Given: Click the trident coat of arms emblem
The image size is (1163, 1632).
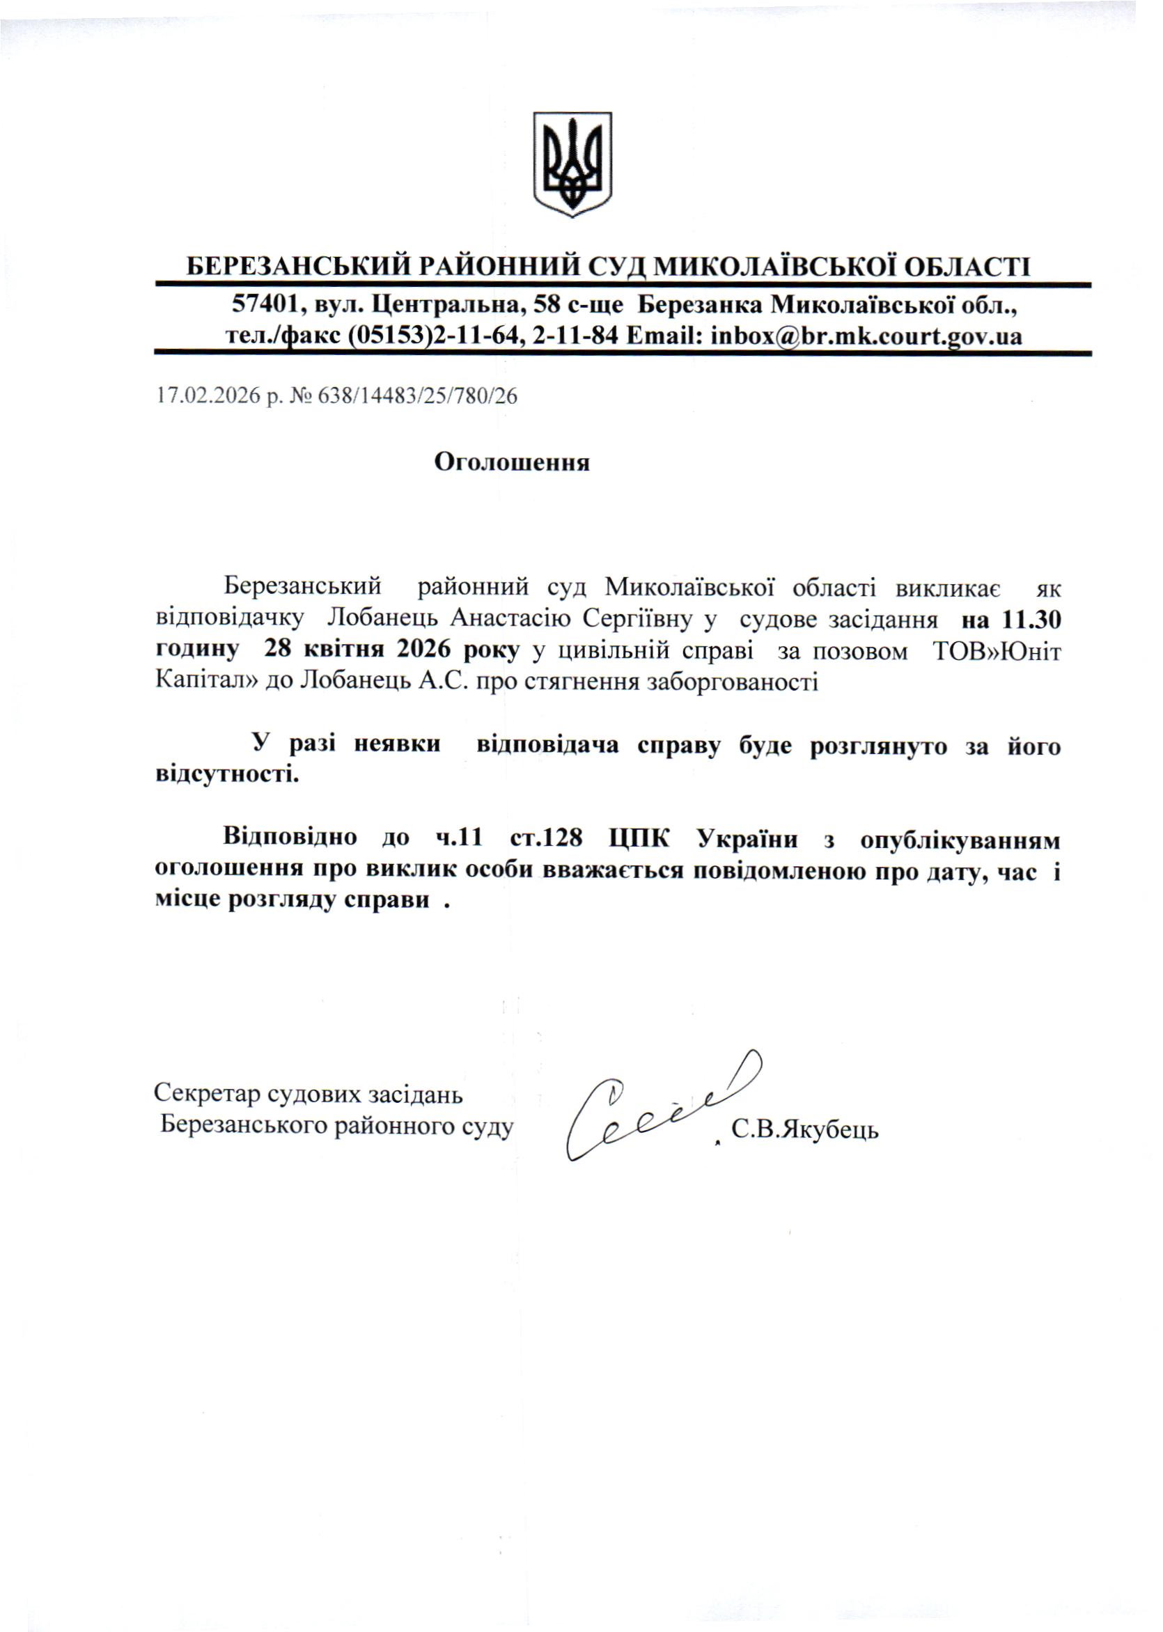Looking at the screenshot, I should click(x=572, y=164).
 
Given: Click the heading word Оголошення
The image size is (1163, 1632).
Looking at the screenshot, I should click(x=512, y=462).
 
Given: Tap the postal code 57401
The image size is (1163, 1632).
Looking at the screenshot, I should click(x=258, y=306).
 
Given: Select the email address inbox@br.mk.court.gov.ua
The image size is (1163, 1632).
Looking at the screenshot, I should click(x=866, y=336).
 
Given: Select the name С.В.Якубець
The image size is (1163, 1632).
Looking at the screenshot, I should click(x=805, y=1130).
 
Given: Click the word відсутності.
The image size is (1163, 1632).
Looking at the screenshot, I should click(x=227, y=774).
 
